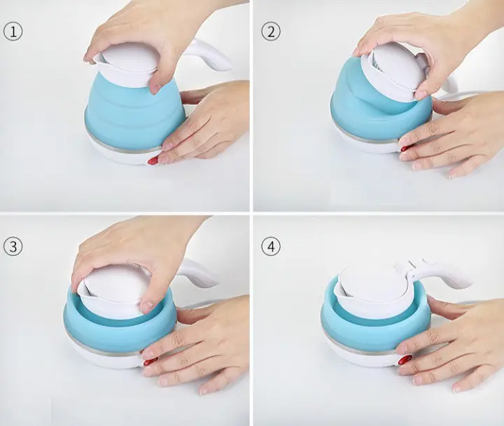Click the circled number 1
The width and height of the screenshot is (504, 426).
[13, 32]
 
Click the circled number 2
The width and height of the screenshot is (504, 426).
[271, 32]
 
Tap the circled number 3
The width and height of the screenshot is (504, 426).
[13, 247]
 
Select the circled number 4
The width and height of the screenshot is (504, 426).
[271, 247]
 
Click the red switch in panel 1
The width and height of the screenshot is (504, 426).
[153, 160]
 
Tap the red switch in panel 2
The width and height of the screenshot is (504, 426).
[405, 148]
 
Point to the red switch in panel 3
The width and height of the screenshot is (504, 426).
[150, 362]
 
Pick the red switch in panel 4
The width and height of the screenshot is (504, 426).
[405, 359]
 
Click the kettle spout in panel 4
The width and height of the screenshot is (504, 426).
[339, 291]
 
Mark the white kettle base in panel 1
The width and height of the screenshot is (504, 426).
[124, 155]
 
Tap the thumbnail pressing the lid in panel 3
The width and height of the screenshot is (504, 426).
[147, 306]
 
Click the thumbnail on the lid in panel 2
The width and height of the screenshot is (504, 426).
[420, 95]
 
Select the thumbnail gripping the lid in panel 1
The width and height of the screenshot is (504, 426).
[156, 88]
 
